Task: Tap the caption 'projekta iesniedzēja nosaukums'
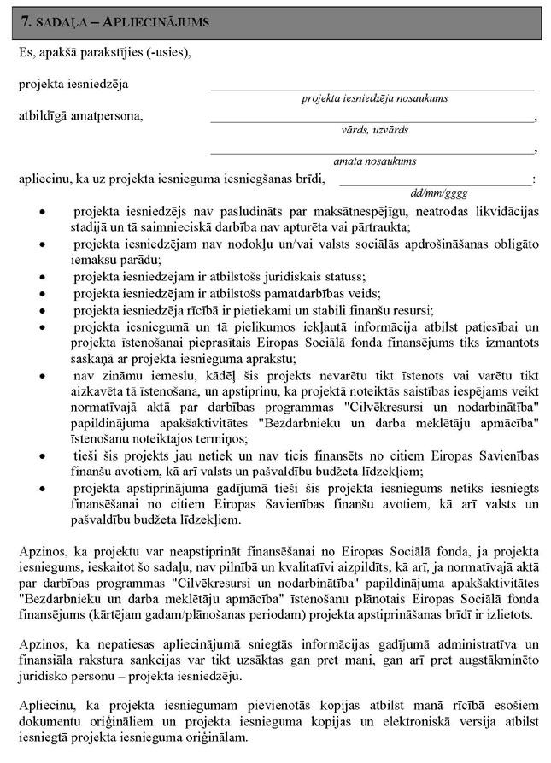point(374,98)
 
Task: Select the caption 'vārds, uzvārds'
point(374,129)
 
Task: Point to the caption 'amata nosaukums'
point(374,161)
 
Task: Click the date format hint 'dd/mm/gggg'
point(438,192)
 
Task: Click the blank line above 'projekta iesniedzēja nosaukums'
point(372,88)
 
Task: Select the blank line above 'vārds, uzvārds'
point(372,119)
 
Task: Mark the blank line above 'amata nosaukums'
point(372,150)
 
